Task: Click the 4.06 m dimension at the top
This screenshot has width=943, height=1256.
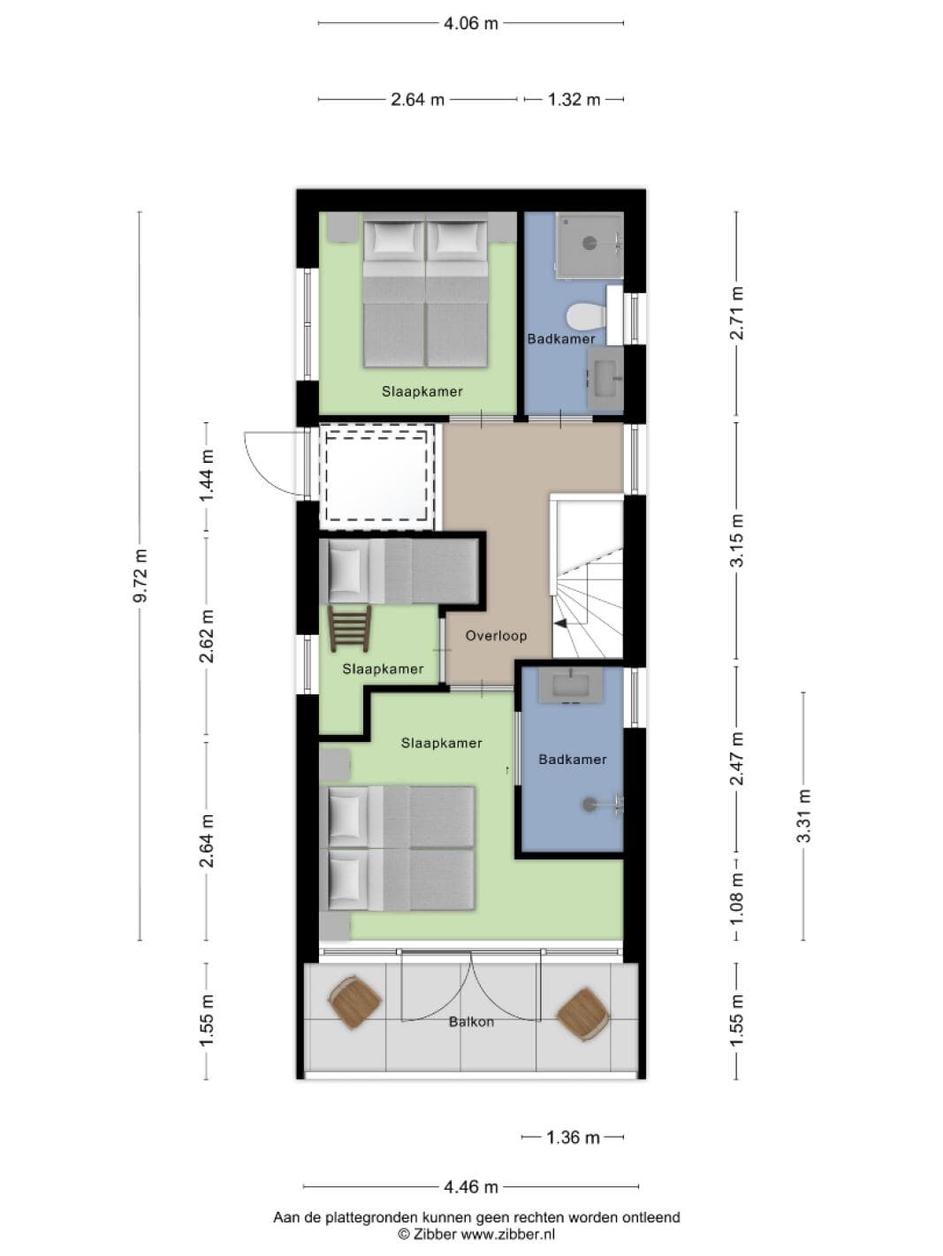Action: click(471, 24)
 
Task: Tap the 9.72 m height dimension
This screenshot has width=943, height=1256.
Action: click(141, 576)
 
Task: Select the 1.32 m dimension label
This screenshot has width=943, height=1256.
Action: click(574, 100)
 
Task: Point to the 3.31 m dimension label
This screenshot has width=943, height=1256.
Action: click(803, 815)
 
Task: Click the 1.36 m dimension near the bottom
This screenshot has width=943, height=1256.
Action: click(573, 1138)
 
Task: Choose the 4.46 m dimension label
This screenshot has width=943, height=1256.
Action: click(471, 1187)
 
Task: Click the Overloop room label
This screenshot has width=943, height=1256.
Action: click(496, 636)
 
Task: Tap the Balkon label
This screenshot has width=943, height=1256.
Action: click(471, 1022)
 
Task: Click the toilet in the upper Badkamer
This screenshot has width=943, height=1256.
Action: click(586, 316)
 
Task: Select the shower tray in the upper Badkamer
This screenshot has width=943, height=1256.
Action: click(589, 245)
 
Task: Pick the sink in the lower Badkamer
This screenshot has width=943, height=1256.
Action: click(571, 685)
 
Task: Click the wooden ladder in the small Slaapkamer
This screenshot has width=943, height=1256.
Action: click(349, 629)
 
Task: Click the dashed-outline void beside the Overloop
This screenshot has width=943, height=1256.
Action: click(376, 476)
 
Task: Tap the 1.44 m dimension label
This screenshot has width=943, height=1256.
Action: click(206, 475)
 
